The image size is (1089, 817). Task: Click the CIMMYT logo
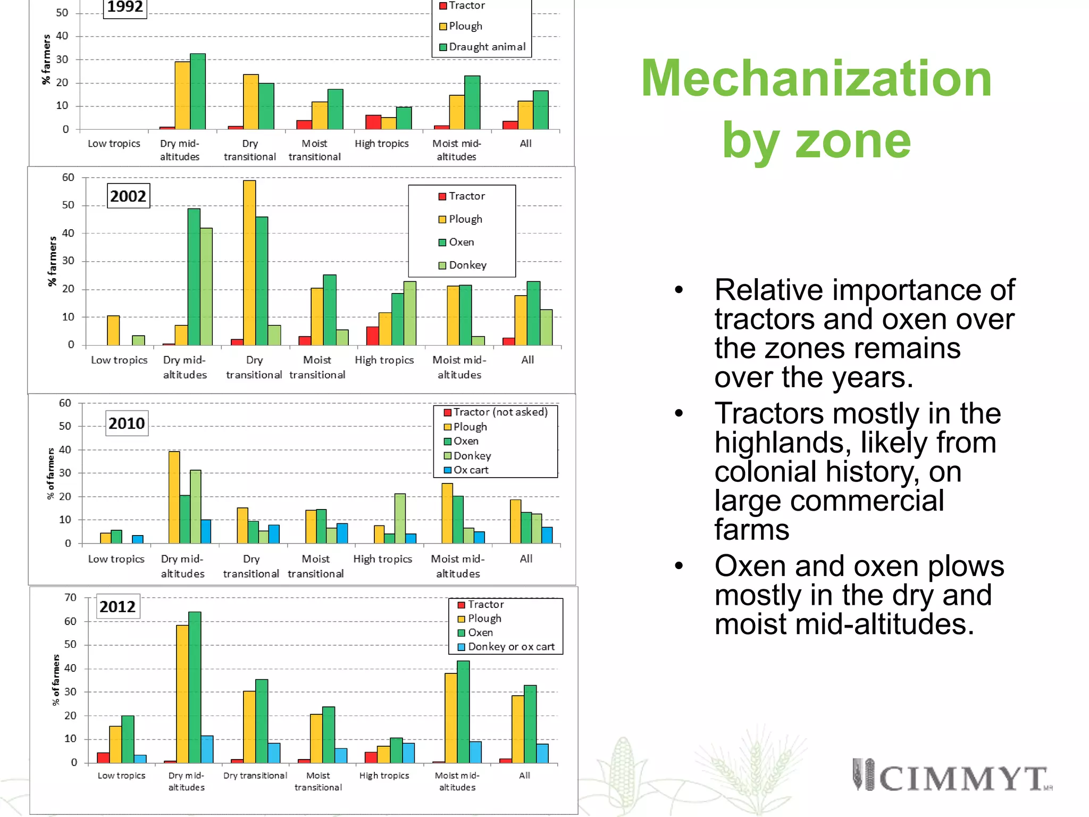pos(952,777)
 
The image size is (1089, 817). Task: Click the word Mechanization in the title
pos(816,79)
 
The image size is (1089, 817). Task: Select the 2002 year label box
pos(128,196)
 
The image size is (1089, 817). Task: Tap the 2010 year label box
pos(127,423)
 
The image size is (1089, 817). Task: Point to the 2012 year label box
pos(118,606)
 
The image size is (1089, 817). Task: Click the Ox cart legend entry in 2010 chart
pos(470,470)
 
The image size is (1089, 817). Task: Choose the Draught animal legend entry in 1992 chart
pos(487,47)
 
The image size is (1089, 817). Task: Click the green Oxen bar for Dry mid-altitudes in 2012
pos(195,687)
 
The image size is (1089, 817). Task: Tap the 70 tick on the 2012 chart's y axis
pos(70,598)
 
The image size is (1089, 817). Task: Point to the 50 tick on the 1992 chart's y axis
pos(62,13)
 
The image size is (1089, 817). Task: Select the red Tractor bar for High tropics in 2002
pos(372,336)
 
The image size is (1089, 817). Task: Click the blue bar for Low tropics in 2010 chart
pos(137,539)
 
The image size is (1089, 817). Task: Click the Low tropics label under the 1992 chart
pos(114,144)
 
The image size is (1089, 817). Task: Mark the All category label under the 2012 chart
pos(524,776)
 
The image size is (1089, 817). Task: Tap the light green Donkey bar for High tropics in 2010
pos(400,518)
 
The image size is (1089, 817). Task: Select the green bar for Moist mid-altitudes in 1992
pos(472,103)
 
